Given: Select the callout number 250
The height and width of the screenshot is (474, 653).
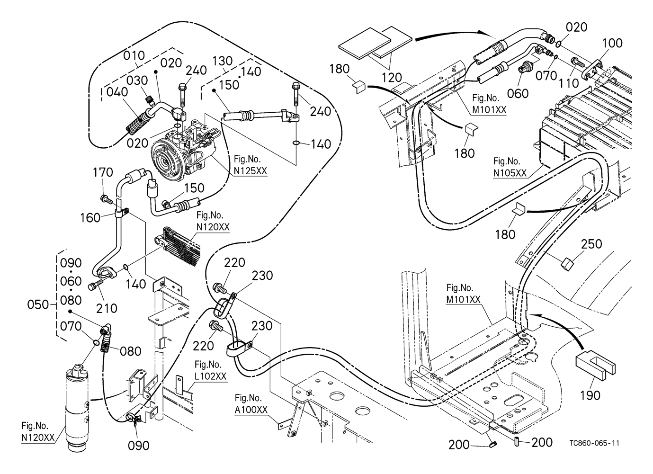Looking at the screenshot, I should (592, 244).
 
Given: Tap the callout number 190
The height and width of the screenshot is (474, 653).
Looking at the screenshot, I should (590, 394).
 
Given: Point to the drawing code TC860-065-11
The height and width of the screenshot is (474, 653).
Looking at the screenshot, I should (595, 443).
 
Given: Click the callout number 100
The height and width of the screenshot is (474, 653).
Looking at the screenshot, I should (612, 44).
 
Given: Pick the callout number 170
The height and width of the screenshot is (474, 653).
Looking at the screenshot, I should (103, 172).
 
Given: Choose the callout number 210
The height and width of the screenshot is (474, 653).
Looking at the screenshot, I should (107, 308).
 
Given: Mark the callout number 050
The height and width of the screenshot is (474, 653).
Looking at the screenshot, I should (38, 304).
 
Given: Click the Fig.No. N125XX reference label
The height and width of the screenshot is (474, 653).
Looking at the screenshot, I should (250, 165).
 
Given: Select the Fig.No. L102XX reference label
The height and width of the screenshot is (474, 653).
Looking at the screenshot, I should (210, 371).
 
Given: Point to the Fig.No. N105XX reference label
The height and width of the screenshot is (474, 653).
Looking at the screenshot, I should (510, 167).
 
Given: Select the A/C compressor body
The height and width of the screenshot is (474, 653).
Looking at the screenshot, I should (180, 152).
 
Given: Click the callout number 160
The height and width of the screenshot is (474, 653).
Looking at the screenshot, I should (90, 217).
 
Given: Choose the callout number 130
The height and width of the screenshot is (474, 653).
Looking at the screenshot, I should (223, 61).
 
